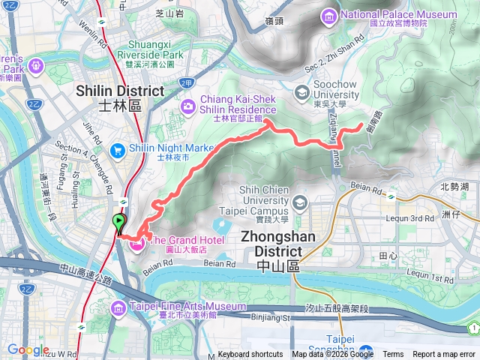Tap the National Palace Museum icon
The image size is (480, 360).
[x=328, y=15]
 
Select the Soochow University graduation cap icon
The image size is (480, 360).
[x=301, y=93]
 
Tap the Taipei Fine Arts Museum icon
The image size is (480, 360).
[x=118, y=308]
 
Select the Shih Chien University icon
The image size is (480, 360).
[x=300, y=202]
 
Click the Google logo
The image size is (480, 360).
[x=28, y=350]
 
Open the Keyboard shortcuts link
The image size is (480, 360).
[x=250, y=355]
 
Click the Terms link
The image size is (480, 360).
[x=393, y=355]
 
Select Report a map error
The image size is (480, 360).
[x=445, y=355]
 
